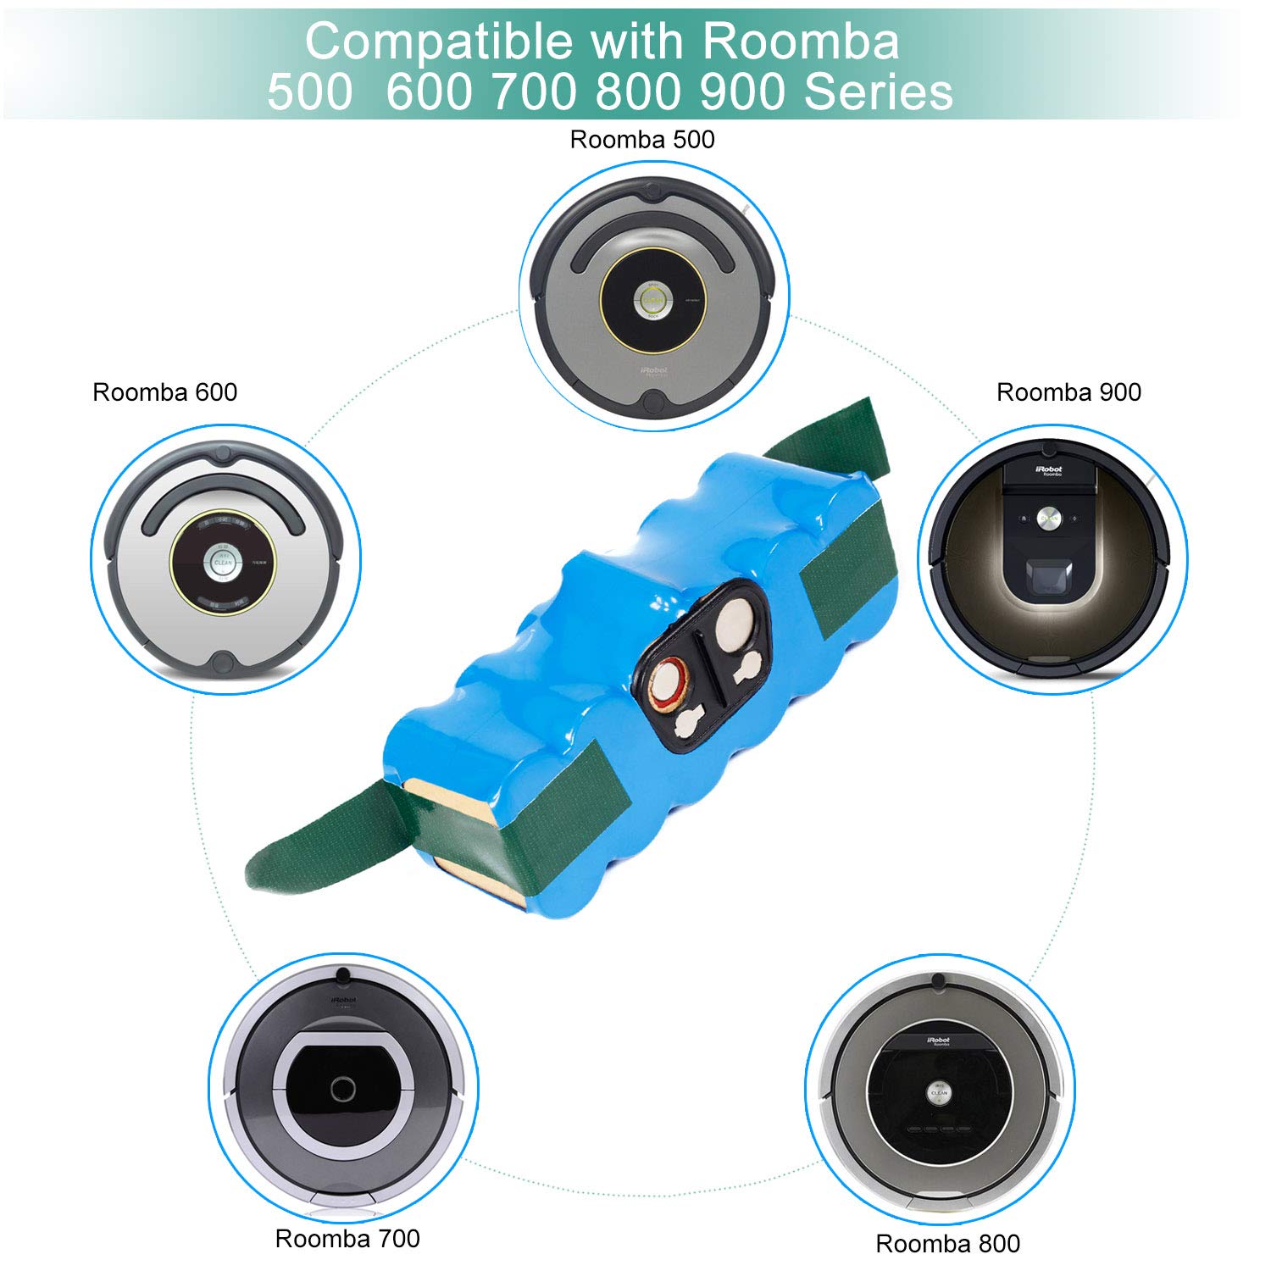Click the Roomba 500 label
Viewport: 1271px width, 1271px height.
pos(641,140)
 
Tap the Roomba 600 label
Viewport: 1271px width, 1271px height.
pos(164,392)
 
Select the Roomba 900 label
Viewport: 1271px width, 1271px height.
pos(1068,392)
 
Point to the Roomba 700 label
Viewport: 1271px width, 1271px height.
pos(347,1238)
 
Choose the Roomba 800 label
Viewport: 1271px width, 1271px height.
pos(947,1243)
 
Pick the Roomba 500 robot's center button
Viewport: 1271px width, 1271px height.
pos(652,300)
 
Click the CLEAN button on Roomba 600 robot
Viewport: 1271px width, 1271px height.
pos(223,562)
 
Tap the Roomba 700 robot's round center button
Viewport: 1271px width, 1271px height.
pos(343,1089)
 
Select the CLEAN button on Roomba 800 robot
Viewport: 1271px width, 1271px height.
pos(939,1092)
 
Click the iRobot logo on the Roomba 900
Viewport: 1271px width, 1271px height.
pos(1051,469)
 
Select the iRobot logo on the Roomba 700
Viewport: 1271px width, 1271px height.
pos(343,1001)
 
